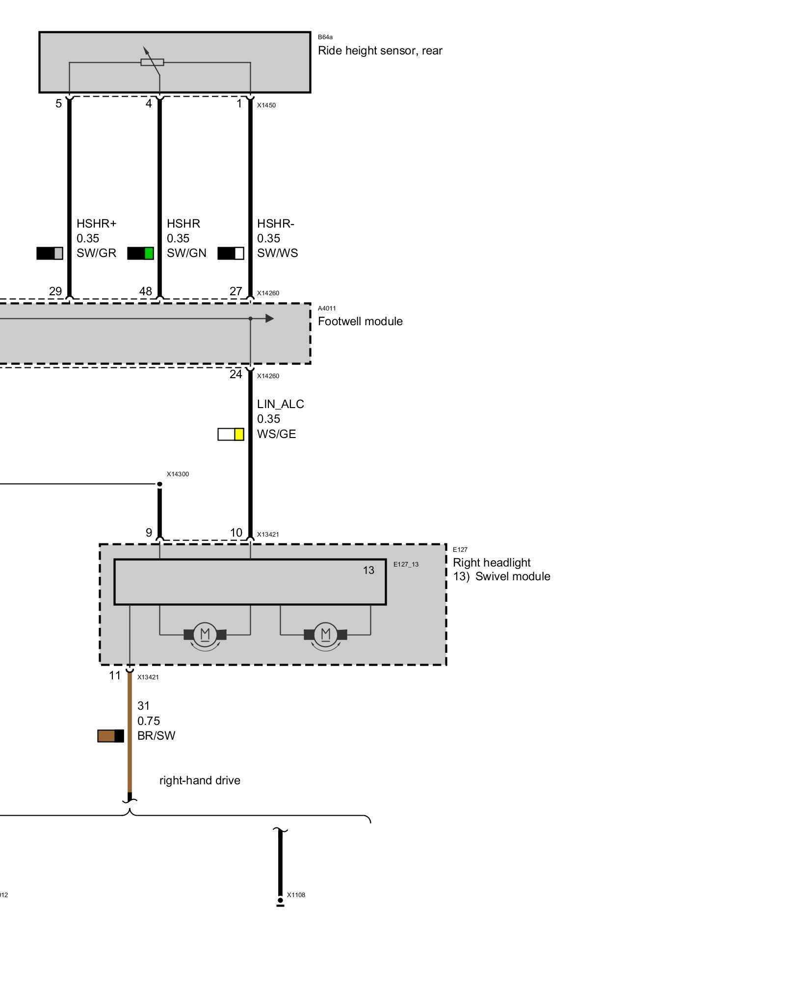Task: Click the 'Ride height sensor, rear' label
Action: tap(380, 51)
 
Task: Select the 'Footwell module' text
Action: tap(360, 321)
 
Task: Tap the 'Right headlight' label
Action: tap(491, 563)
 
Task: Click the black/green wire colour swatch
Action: tap(140, 253)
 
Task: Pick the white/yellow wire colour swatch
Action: tap(231, 434)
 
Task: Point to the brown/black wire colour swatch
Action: tap(110, 736)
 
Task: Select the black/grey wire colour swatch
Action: tap(50, 253)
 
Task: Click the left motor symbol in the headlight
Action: tap(205, 634)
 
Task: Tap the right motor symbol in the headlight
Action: tap(325, 634)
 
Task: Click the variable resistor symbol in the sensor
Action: tap(152, 62)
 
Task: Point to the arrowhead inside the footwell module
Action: tap(269, 318)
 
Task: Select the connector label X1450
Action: tap(266, 105)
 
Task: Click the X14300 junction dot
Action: tap(159, 484)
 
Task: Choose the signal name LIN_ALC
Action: tap(280, 404)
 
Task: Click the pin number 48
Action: tap(145, 291)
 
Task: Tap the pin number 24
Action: tap(235, 374)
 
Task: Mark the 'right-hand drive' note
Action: tap(200, 780)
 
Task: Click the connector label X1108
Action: tap(296, 895)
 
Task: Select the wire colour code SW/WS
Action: tap(277, 253)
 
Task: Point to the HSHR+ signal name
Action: tap(96, 224)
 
